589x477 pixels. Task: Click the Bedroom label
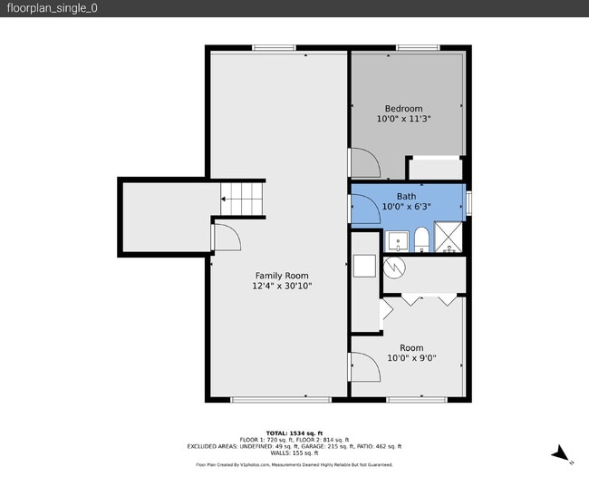403,109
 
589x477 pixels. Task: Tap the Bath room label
406,196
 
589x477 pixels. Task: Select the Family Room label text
281,276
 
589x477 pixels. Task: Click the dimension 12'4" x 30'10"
281,287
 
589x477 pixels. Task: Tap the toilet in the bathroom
420,240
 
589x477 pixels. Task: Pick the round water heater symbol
393,268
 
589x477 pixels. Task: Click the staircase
243,198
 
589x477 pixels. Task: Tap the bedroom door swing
364,163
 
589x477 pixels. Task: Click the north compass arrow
563,453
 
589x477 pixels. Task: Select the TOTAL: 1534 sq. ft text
294,433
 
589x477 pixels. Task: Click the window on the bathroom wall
469,202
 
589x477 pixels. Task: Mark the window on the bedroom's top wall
412,47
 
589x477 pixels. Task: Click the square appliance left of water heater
364,266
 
